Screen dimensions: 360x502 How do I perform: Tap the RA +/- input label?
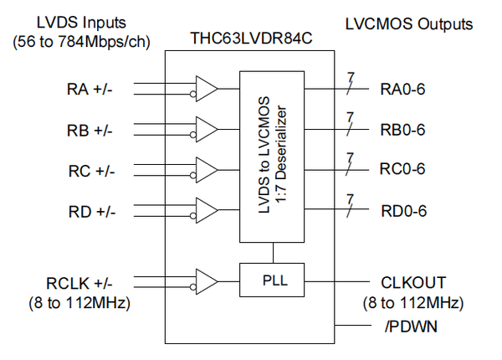[91, 88]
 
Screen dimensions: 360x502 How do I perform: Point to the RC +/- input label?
[91, 170]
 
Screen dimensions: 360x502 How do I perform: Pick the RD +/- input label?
[91, 210]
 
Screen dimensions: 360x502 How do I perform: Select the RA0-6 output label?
[404, 88]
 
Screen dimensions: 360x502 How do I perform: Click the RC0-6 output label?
[404, 169]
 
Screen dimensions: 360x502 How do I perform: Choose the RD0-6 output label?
[404, 210]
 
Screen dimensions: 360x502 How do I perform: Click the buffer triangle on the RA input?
[205, 88]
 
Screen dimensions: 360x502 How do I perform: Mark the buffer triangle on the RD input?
[205, 210]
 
